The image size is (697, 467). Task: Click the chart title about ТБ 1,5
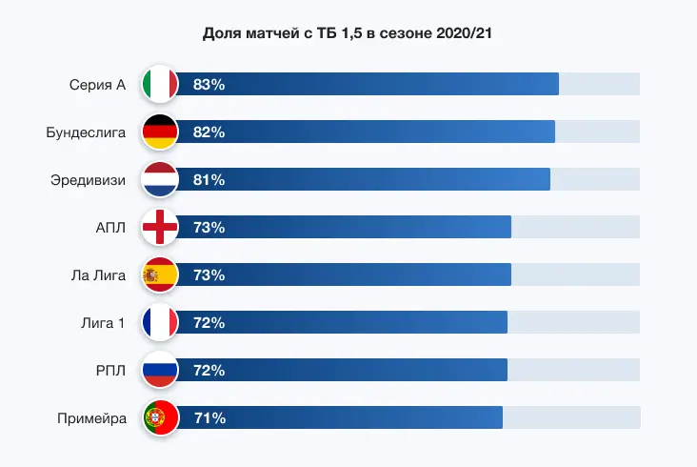[x=348, y=33]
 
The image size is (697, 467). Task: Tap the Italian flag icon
[x=160, y=84]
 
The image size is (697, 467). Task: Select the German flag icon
[x=160, y=132]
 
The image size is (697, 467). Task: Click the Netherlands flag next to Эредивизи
[x=160, y=179]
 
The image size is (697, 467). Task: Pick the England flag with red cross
[x=160, y=227]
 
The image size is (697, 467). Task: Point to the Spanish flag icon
[x=160, y=274]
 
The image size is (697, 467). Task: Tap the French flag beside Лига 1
[x=160, y=322]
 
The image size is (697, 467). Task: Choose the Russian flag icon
[x=160, y=370]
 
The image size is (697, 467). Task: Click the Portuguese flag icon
[x=160, y=417]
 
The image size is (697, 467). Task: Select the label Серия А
[x=97, y=84]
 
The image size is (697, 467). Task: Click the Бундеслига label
[x=86, y=132]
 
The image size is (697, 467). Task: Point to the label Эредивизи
[x=88, y=179]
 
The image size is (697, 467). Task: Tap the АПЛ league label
[x=110, y=227]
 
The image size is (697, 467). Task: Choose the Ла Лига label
[x=98, y=274]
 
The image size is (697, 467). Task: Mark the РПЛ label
[x=110, y=370]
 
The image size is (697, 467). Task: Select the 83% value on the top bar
[x=209, y=84]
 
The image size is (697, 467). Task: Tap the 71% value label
[x=209, y=417]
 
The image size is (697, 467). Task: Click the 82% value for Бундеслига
[x=209, y=132]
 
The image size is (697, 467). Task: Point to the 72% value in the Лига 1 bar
[x=209, y=322]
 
